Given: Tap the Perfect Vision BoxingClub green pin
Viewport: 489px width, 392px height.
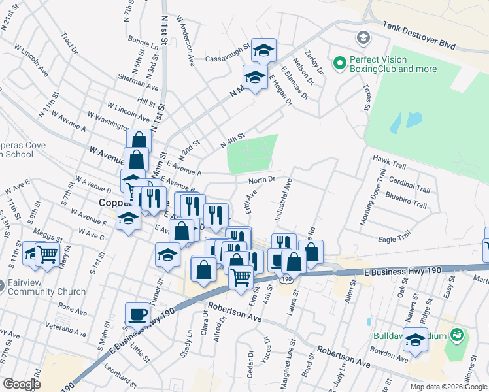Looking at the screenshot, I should (339, 63).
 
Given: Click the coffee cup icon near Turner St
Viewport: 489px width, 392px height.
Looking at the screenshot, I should (138, 314).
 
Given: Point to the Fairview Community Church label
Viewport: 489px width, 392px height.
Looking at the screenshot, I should (46, 287).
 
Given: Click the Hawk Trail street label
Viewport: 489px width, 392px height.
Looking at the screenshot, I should (390, 159).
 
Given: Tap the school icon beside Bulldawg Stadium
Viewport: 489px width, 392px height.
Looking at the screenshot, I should (415, 339).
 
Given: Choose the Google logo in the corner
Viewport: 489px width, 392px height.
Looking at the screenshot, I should (21, 384).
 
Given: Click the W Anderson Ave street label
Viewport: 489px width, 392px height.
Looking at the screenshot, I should (185, 40).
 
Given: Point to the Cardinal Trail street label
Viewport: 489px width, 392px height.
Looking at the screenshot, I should (409, 184).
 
